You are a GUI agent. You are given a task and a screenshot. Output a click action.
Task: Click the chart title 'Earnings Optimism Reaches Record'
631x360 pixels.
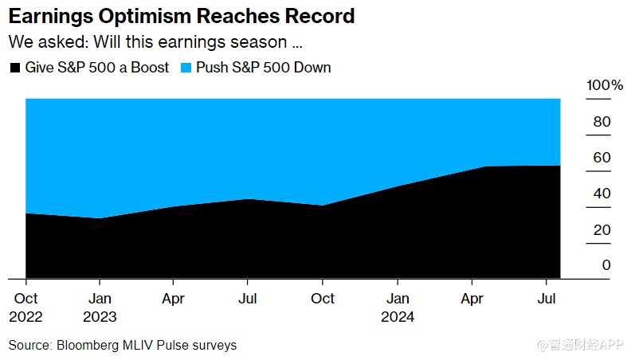tap(182, 16)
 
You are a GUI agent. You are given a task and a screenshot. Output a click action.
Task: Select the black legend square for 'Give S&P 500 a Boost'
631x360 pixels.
tap(14, 68)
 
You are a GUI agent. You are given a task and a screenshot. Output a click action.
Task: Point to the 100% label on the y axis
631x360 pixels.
tap(605, 85)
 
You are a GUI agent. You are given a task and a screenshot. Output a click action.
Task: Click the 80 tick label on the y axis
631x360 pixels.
tap(602, 122)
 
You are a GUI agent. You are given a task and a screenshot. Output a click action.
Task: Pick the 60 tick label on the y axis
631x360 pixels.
tap(602, 158)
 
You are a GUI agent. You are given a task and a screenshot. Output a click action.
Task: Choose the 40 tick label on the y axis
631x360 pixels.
tap(602, 194)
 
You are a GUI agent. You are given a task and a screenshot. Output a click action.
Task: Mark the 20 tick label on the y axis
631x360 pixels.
tap(602, 229)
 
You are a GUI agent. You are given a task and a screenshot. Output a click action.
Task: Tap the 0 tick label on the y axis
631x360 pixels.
tap(606, 265)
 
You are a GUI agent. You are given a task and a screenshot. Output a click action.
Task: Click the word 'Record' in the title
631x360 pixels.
tap(320, 16)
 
